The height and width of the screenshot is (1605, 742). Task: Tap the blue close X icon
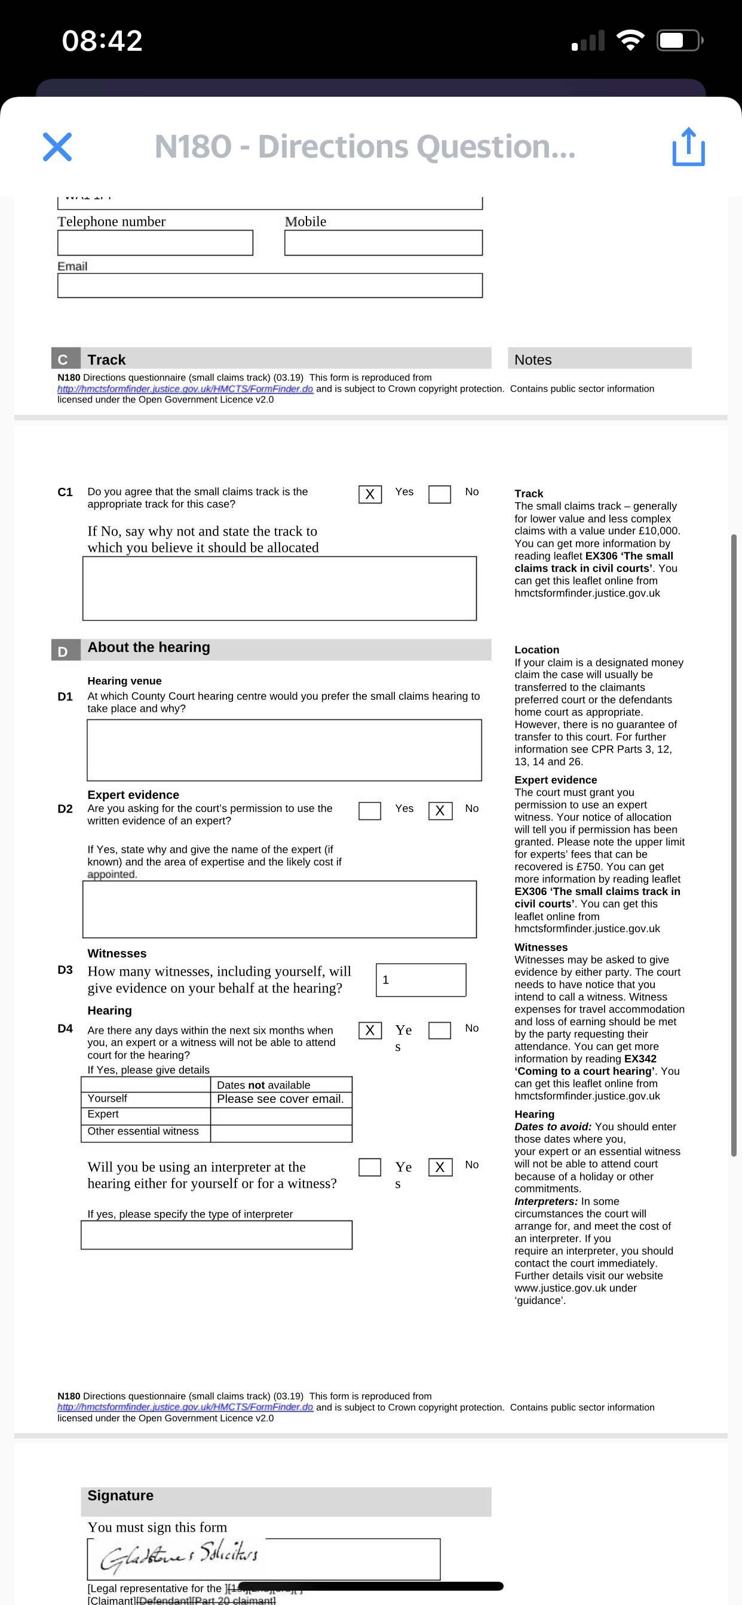tap(57, 147)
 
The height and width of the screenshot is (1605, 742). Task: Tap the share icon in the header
tap(688, 147)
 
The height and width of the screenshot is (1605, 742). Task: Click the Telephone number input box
tap(155, 243)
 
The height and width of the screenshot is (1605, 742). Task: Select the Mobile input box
tap(383, 243)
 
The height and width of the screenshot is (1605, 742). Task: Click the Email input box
tap(269, 286)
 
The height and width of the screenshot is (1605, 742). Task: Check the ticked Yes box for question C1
tap(370, 494)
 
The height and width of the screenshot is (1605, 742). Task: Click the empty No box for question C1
tap(440, 494)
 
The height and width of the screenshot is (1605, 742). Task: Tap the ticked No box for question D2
tap(440, 811)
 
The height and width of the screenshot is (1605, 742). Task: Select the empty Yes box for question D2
tap(370, 811)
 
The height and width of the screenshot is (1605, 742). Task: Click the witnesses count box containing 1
tap(421, 980)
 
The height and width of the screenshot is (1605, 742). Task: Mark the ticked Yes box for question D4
tap(370, 1030)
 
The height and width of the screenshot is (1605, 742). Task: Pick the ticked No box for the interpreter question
tap(440, 1167)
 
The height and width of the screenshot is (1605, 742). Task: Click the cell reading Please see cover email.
tap(281, 1099)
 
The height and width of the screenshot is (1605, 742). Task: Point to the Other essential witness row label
tap(143, 1132)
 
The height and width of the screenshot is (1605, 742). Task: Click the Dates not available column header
tap(263, 1085)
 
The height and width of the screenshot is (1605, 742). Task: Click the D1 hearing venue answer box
tap(284, 750)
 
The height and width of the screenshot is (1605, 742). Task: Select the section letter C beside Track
tap(63, 359)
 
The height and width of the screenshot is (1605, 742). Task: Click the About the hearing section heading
tap(149, 647)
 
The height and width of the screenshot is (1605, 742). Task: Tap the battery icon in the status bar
tap(680, 41)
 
